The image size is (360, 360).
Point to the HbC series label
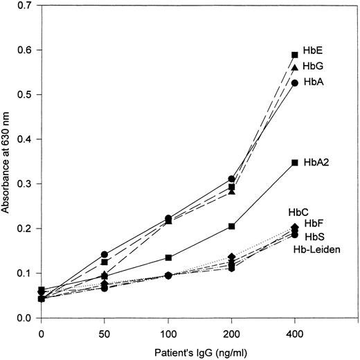point(298,212)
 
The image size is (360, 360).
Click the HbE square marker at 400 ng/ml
point(295,55)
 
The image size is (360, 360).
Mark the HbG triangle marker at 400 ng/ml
point(295,67)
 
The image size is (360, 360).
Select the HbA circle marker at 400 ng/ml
point(295,82)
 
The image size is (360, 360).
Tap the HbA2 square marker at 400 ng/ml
point(295,163)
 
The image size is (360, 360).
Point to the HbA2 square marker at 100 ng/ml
point(168,258)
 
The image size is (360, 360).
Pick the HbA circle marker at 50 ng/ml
point(105,254)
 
